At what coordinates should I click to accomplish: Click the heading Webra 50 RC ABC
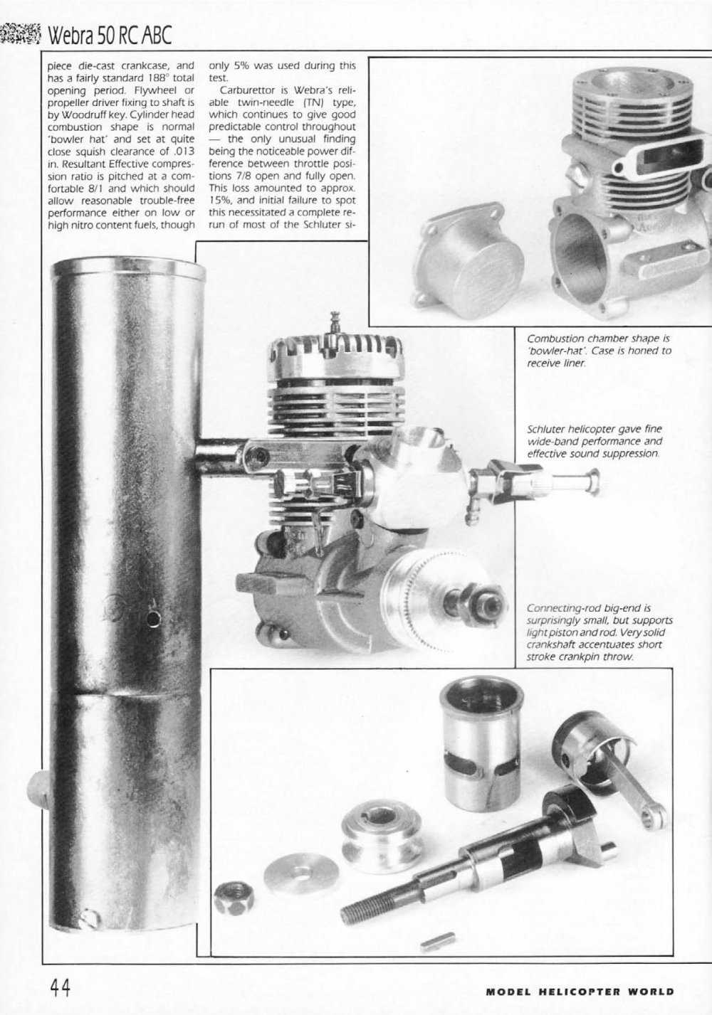[110, 34]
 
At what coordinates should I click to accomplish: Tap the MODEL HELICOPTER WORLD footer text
[580, 992]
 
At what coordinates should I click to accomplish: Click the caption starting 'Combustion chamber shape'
[599, 351]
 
